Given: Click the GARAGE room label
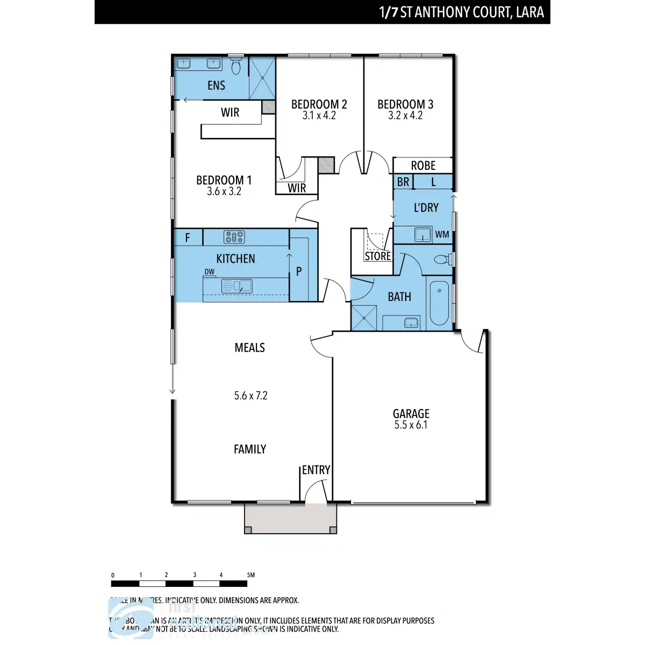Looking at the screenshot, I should pos(411,413).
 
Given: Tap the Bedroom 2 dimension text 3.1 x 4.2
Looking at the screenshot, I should pos(319,116).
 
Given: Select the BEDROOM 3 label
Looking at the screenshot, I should pos(405,104).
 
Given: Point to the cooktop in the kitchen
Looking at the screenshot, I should pos(234,237).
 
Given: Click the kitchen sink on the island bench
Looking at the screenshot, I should pos(237,286).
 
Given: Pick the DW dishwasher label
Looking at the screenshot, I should pos(209,272).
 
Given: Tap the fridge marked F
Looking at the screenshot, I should pos(188,238).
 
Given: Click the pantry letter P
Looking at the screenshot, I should pos(299,272).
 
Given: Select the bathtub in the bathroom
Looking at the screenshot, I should pos(439,303).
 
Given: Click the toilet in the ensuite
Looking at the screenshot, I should pos(236,67).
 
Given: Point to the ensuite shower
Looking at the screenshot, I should pos(262,78).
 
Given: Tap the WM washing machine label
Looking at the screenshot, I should pos(442,235).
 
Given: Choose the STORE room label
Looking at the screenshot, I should pos(378,256).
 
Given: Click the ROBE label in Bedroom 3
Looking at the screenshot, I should pos(423,166).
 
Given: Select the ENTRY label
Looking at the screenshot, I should pos(316,470).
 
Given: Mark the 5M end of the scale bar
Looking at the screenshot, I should pos(250,575).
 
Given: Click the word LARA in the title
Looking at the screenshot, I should pos(529,12).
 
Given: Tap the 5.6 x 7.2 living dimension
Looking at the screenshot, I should pos(250,396).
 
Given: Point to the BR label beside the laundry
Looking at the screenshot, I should pos(403,182).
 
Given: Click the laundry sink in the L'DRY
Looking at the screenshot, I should pos(423,234).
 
